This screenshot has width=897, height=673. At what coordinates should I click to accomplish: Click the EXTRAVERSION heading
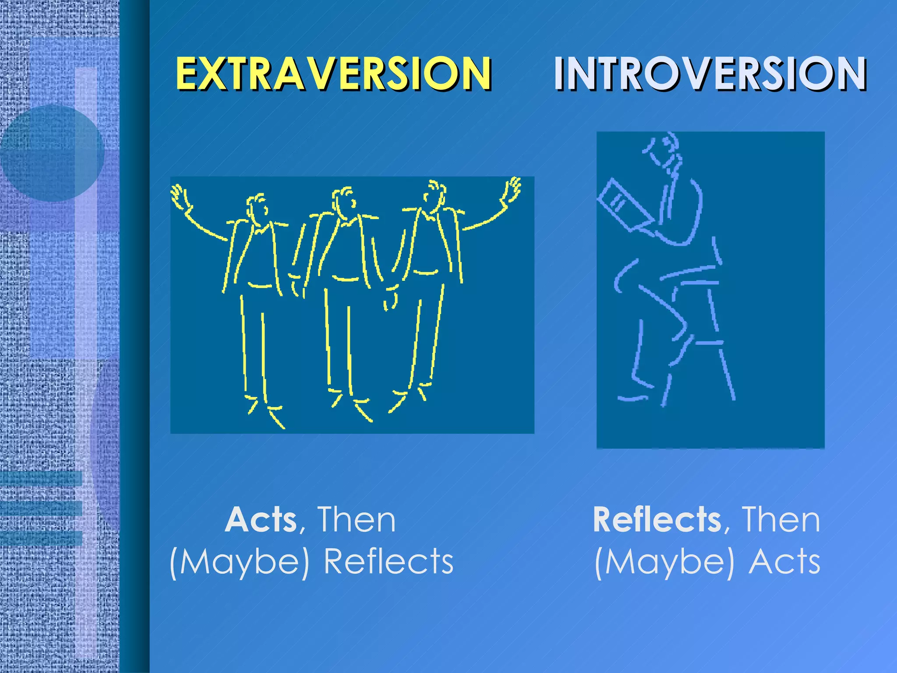333,73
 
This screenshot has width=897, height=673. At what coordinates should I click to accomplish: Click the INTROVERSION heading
710,73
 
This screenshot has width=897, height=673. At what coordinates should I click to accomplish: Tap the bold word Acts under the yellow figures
261,520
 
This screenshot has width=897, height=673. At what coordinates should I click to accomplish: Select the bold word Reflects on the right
657,520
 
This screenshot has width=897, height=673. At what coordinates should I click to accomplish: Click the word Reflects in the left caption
388,562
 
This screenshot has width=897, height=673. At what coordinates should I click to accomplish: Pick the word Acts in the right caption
784,562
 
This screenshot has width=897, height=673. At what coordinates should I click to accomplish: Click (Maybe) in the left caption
239,563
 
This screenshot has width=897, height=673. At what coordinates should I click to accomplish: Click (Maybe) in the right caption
664,563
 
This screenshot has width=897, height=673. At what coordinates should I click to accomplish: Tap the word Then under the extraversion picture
356,520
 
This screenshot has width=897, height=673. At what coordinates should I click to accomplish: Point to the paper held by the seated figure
622,204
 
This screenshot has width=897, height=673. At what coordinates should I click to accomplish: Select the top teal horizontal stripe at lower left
41,478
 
